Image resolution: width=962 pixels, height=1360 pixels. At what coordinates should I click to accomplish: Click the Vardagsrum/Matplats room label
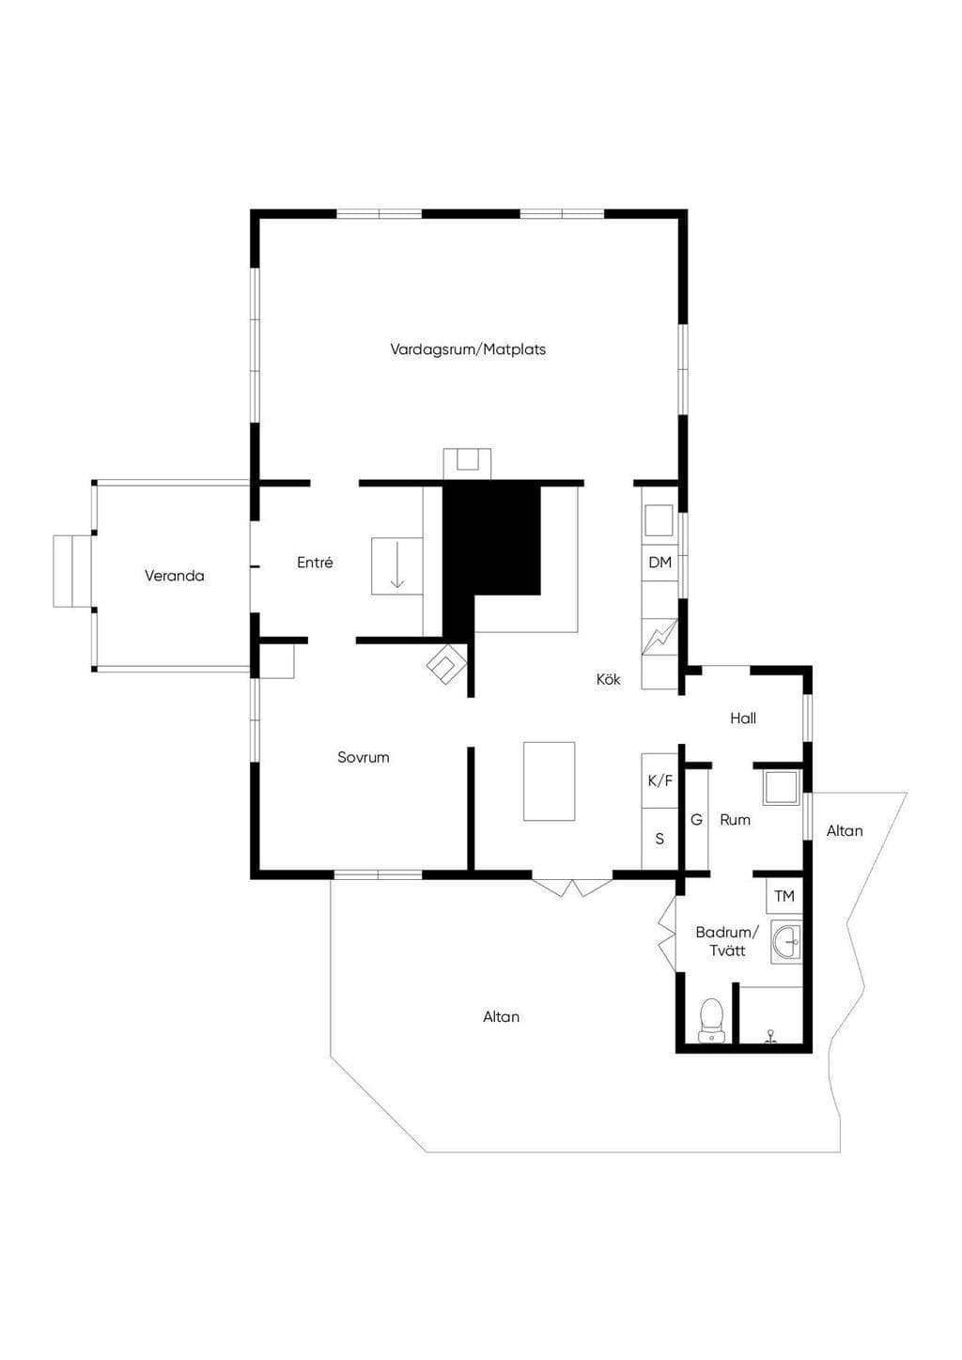468,349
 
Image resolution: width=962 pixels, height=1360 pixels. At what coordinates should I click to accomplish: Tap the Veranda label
175,576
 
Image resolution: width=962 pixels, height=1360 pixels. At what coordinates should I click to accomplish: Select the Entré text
315,563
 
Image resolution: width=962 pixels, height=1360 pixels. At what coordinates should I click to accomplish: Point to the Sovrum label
364,757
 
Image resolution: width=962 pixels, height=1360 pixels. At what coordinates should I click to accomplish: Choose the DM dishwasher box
660,563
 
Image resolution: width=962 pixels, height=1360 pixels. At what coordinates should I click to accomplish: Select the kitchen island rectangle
549,781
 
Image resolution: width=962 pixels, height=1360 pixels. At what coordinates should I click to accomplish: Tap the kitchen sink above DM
659,520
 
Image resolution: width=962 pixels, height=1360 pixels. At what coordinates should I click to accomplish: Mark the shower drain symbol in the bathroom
770,1036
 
